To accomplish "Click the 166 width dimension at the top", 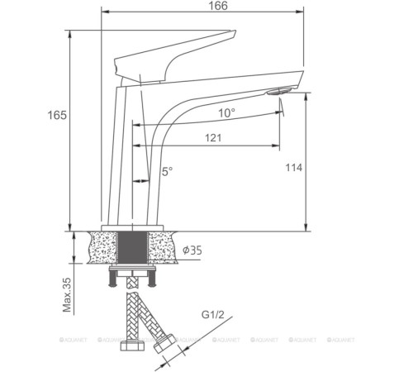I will [217, 6].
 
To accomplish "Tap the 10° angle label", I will [225, 112].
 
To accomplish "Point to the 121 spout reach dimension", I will [214, 138].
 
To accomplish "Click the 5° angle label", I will [166, 171].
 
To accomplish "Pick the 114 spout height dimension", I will [294, 167].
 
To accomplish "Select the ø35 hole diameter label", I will [192, 250].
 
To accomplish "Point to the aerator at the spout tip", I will [282, 93].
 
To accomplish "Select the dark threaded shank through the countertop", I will [134, 248].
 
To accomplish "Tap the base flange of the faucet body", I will [134, 227].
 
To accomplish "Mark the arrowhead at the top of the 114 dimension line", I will [307, 93].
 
